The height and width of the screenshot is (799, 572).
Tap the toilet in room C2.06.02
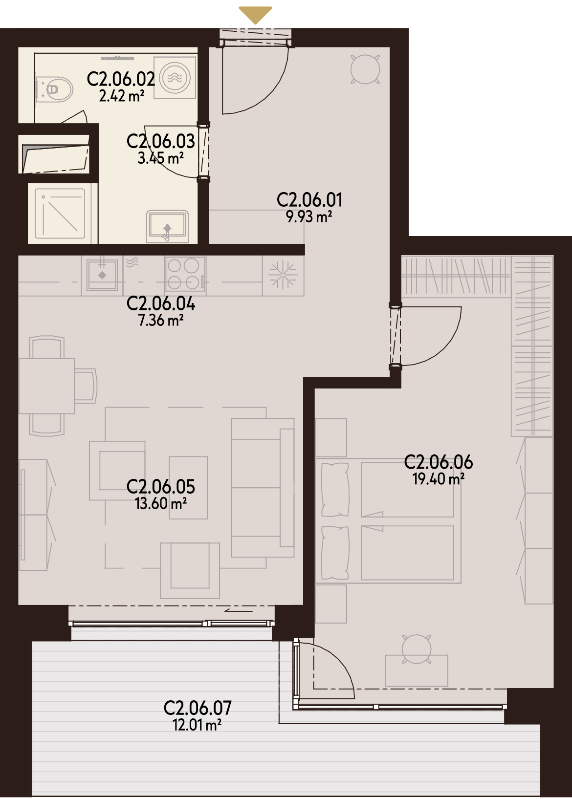55,89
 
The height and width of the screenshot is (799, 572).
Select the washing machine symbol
175,78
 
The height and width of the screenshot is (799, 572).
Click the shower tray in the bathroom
60,214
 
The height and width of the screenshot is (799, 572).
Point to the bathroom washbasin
167,226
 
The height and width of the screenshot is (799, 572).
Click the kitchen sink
102,274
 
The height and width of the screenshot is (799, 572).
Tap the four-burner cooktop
185,274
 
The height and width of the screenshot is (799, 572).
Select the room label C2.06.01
309,200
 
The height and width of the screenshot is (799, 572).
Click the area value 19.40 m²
438,479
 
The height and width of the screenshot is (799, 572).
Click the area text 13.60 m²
160,503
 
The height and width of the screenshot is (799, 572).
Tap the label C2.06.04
160,304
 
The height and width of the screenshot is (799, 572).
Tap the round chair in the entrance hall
365,69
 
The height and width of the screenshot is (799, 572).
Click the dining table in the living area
46,386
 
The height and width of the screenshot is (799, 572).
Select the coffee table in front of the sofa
188,488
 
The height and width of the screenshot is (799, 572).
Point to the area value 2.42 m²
122,96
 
